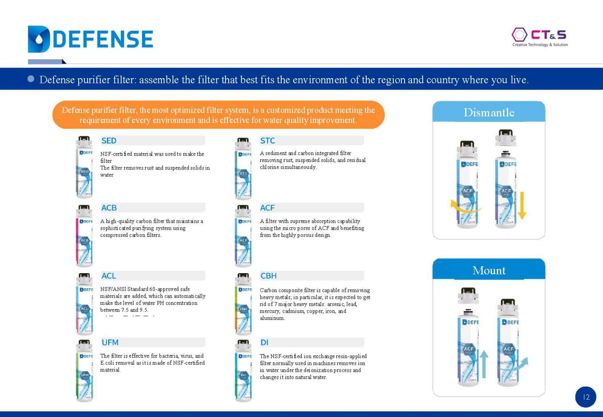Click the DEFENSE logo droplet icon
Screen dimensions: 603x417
coord(39,39)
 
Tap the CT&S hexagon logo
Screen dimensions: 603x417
coord(519,35)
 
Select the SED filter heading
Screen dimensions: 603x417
coord(109,140)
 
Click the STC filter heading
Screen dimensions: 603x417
coord(267,140)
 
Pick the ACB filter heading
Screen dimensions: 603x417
coord(109,208)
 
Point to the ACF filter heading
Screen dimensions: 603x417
coord(267,208)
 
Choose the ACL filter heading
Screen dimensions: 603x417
coord(108,276)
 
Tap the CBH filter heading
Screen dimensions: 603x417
coord(268,276)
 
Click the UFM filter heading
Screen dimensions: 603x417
coord(110,342)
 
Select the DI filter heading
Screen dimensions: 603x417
coord(264,342)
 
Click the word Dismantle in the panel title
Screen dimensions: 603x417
coord(489,112)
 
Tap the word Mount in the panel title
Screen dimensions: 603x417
coord(489,270)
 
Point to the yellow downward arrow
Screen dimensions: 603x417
coord(522,205)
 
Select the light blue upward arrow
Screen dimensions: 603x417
coord(484,364)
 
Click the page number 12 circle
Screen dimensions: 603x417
coord(586,397)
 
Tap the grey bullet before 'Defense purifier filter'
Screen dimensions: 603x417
coord(31,79)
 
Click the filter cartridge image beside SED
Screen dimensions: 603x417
coord(84,167)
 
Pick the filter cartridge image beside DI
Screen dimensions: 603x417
coord(243,371)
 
